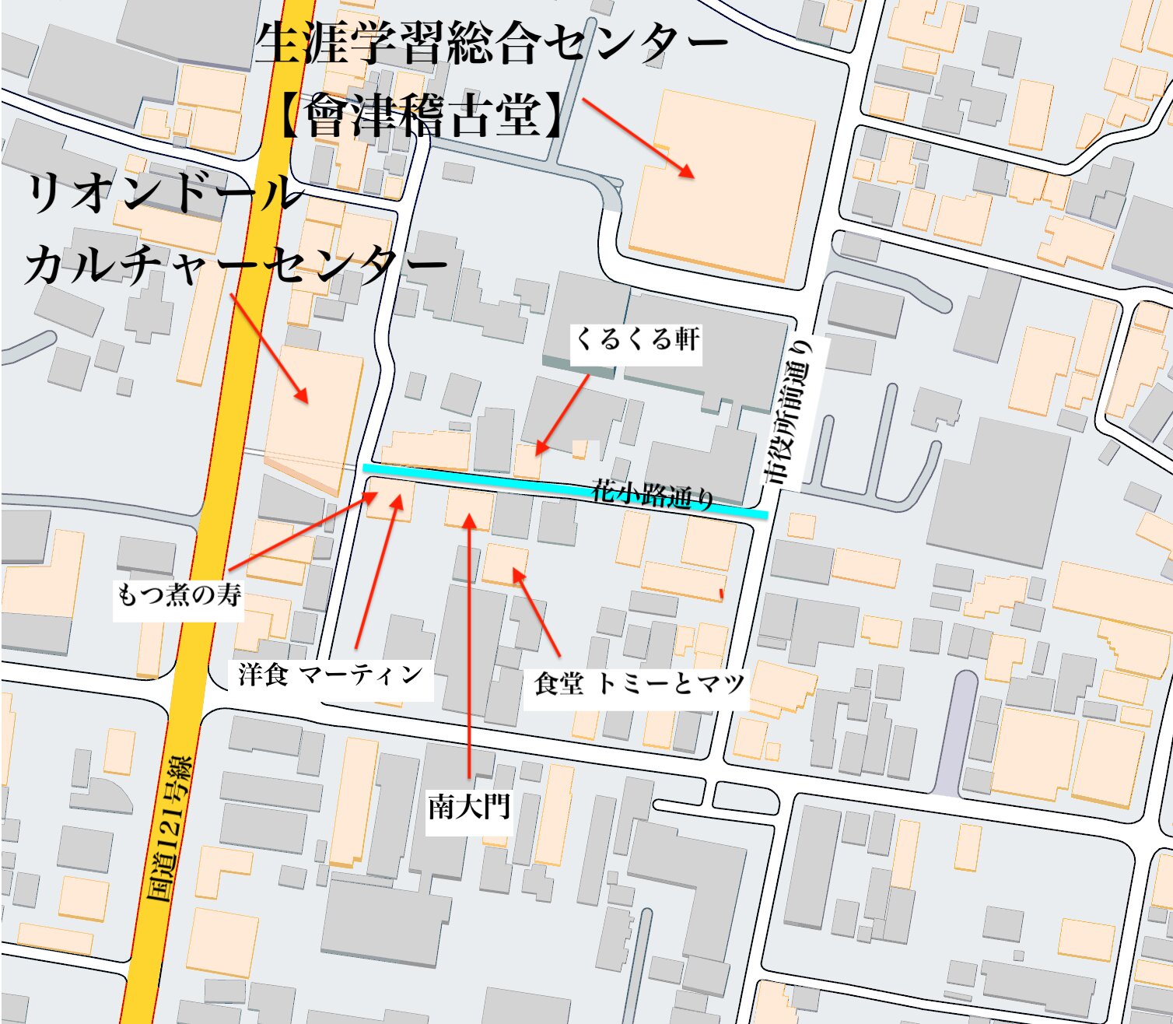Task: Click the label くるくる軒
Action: click(x=636, y=340)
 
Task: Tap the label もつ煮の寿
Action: click(x=179, y=595)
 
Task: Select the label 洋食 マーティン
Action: click(x=331, y=675)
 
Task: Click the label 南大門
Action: click(x=469, y=807)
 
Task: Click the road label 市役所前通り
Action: click(x=793, y=412)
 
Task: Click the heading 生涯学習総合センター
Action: click(x=491, y=44)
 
